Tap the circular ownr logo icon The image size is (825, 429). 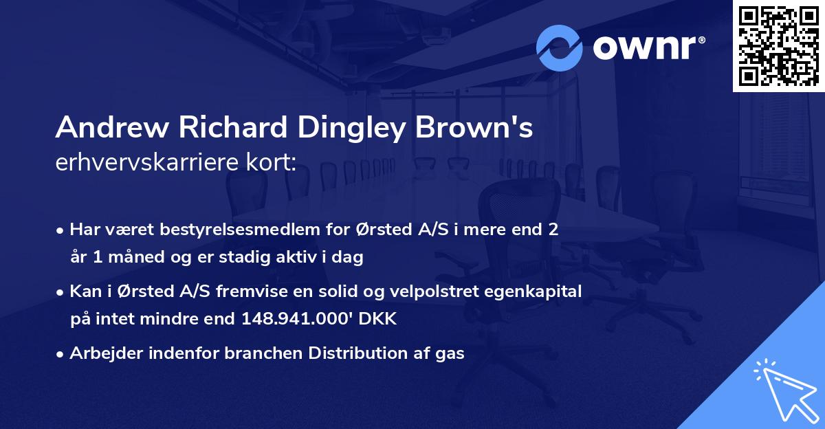point(560,48)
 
